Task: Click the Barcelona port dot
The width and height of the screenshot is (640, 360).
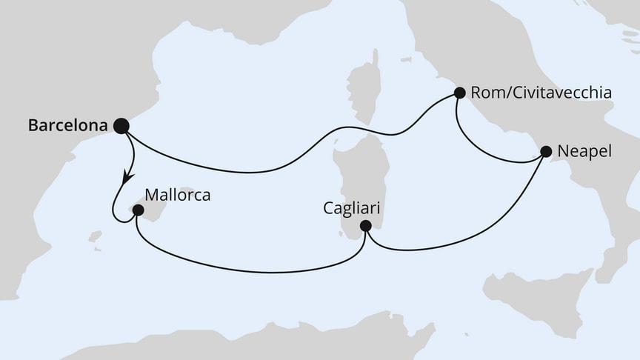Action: click(x=121, y=126)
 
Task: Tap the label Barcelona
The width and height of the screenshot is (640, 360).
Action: click(x=67, y=126)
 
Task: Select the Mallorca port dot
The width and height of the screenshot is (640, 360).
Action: click(x=138, y=210)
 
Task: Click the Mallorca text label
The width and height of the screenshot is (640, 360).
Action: click(x=178, y=196)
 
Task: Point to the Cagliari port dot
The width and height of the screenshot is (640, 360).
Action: click(x=365, y=226)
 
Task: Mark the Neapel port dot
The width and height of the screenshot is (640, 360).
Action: click(x=546, y=152)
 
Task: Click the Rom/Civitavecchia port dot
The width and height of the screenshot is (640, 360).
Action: click(x=459, y=93)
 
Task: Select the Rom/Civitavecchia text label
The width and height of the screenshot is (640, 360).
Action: click(x=541, y=93)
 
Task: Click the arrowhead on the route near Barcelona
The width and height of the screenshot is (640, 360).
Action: click(x=127, y=178)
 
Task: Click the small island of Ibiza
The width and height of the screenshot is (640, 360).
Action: click(x=94, y=237)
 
